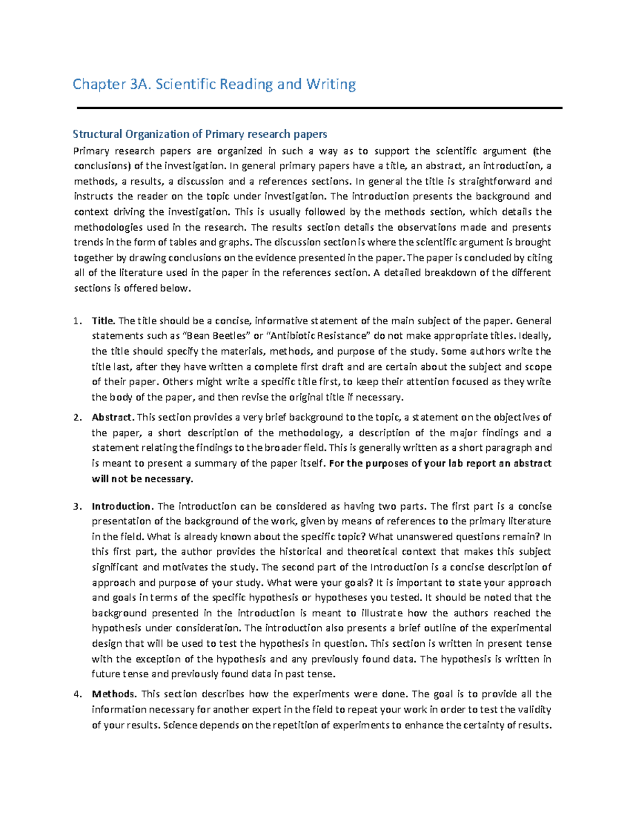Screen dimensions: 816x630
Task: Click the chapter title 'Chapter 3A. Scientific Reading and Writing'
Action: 214,84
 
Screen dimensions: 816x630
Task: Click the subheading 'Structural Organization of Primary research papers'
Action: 199,134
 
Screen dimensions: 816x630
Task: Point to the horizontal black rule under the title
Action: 319,108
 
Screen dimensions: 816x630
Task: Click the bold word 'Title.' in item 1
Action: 103,321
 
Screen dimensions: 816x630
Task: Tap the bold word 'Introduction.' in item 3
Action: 123,507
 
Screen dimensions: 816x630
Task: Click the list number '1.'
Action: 78,321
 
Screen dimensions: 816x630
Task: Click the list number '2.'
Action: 78,418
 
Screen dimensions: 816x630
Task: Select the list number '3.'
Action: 78,507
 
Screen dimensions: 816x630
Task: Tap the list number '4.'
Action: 78,694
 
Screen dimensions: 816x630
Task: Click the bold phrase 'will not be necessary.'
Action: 142,479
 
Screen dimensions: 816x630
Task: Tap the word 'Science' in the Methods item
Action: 181,726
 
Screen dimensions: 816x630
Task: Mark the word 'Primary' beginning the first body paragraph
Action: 91,151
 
